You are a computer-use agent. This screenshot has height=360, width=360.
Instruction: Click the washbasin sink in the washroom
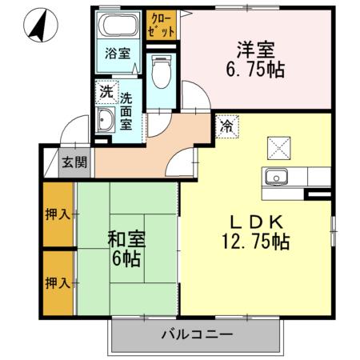tap(106, 122)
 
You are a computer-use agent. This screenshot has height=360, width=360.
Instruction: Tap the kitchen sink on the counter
tap(277, 177)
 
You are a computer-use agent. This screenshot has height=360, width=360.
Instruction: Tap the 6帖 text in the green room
tap(125, 257)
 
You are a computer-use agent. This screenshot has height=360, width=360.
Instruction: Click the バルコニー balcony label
tap(196, 334)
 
